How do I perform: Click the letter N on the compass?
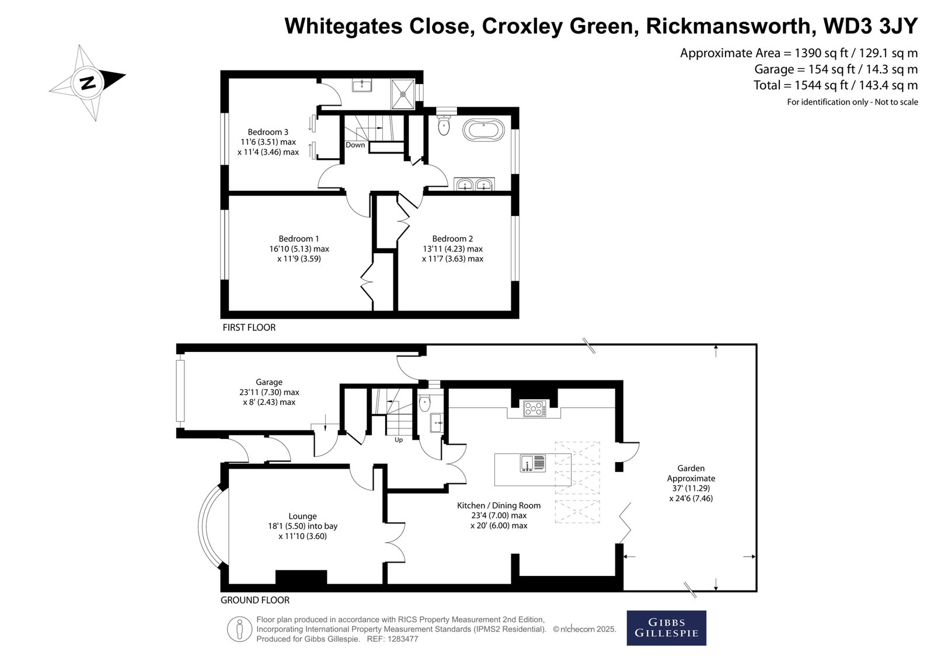[88, 83]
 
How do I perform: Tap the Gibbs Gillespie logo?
[666, 628]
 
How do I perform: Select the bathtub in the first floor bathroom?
[483, 131]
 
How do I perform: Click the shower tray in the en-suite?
[403, 94]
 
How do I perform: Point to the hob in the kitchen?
[535, 408]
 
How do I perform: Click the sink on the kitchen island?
[533, 463]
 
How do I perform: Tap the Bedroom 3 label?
[268, 132]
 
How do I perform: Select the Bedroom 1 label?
[298, 239]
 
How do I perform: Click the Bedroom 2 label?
[452, 239]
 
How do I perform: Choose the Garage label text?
[269, 382]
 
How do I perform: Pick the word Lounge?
[302, 516]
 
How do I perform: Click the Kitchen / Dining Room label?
[499, 505]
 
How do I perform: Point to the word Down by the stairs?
[356, 145]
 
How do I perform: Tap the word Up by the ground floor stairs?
[399, 440]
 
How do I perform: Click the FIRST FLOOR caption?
[249, 328]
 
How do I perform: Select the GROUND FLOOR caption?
[255, 600]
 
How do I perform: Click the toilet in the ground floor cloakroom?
[424, 402]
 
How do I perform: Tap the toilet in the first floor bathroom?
[444, 124]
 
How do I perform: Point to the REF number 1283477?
[403, 639]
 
